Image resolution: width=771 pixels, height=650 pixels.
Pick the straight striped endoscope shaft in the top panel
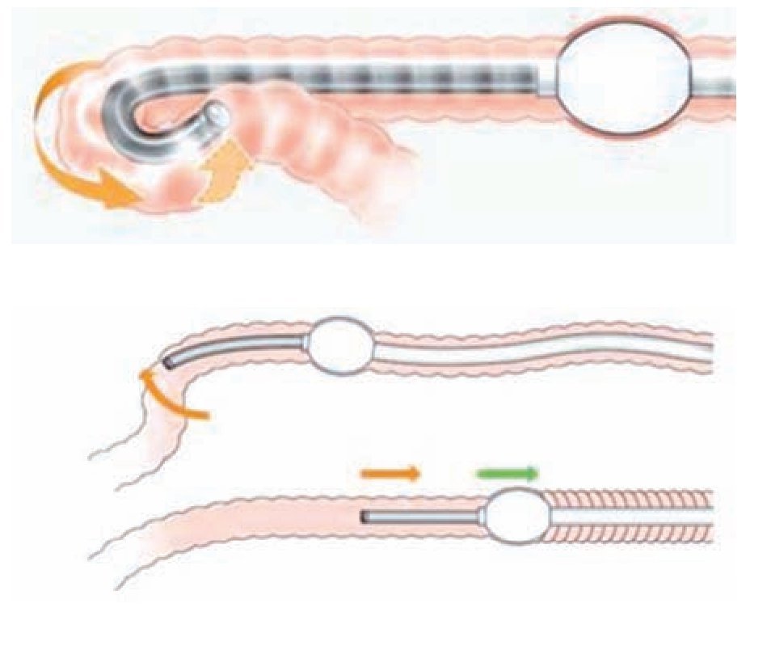364,79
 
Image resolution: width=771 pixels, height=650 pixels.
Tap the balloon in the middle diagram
343,344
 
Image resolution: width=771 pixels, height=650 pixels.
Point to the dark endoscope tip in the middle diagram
170,363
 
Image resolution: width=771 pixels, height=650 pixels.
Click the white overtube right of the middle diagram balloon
525,349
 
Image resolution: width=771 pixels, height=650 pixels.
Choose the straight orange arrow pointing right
390,473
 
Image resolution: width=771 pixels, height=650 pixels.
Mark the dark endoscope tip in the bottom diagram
365,515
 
